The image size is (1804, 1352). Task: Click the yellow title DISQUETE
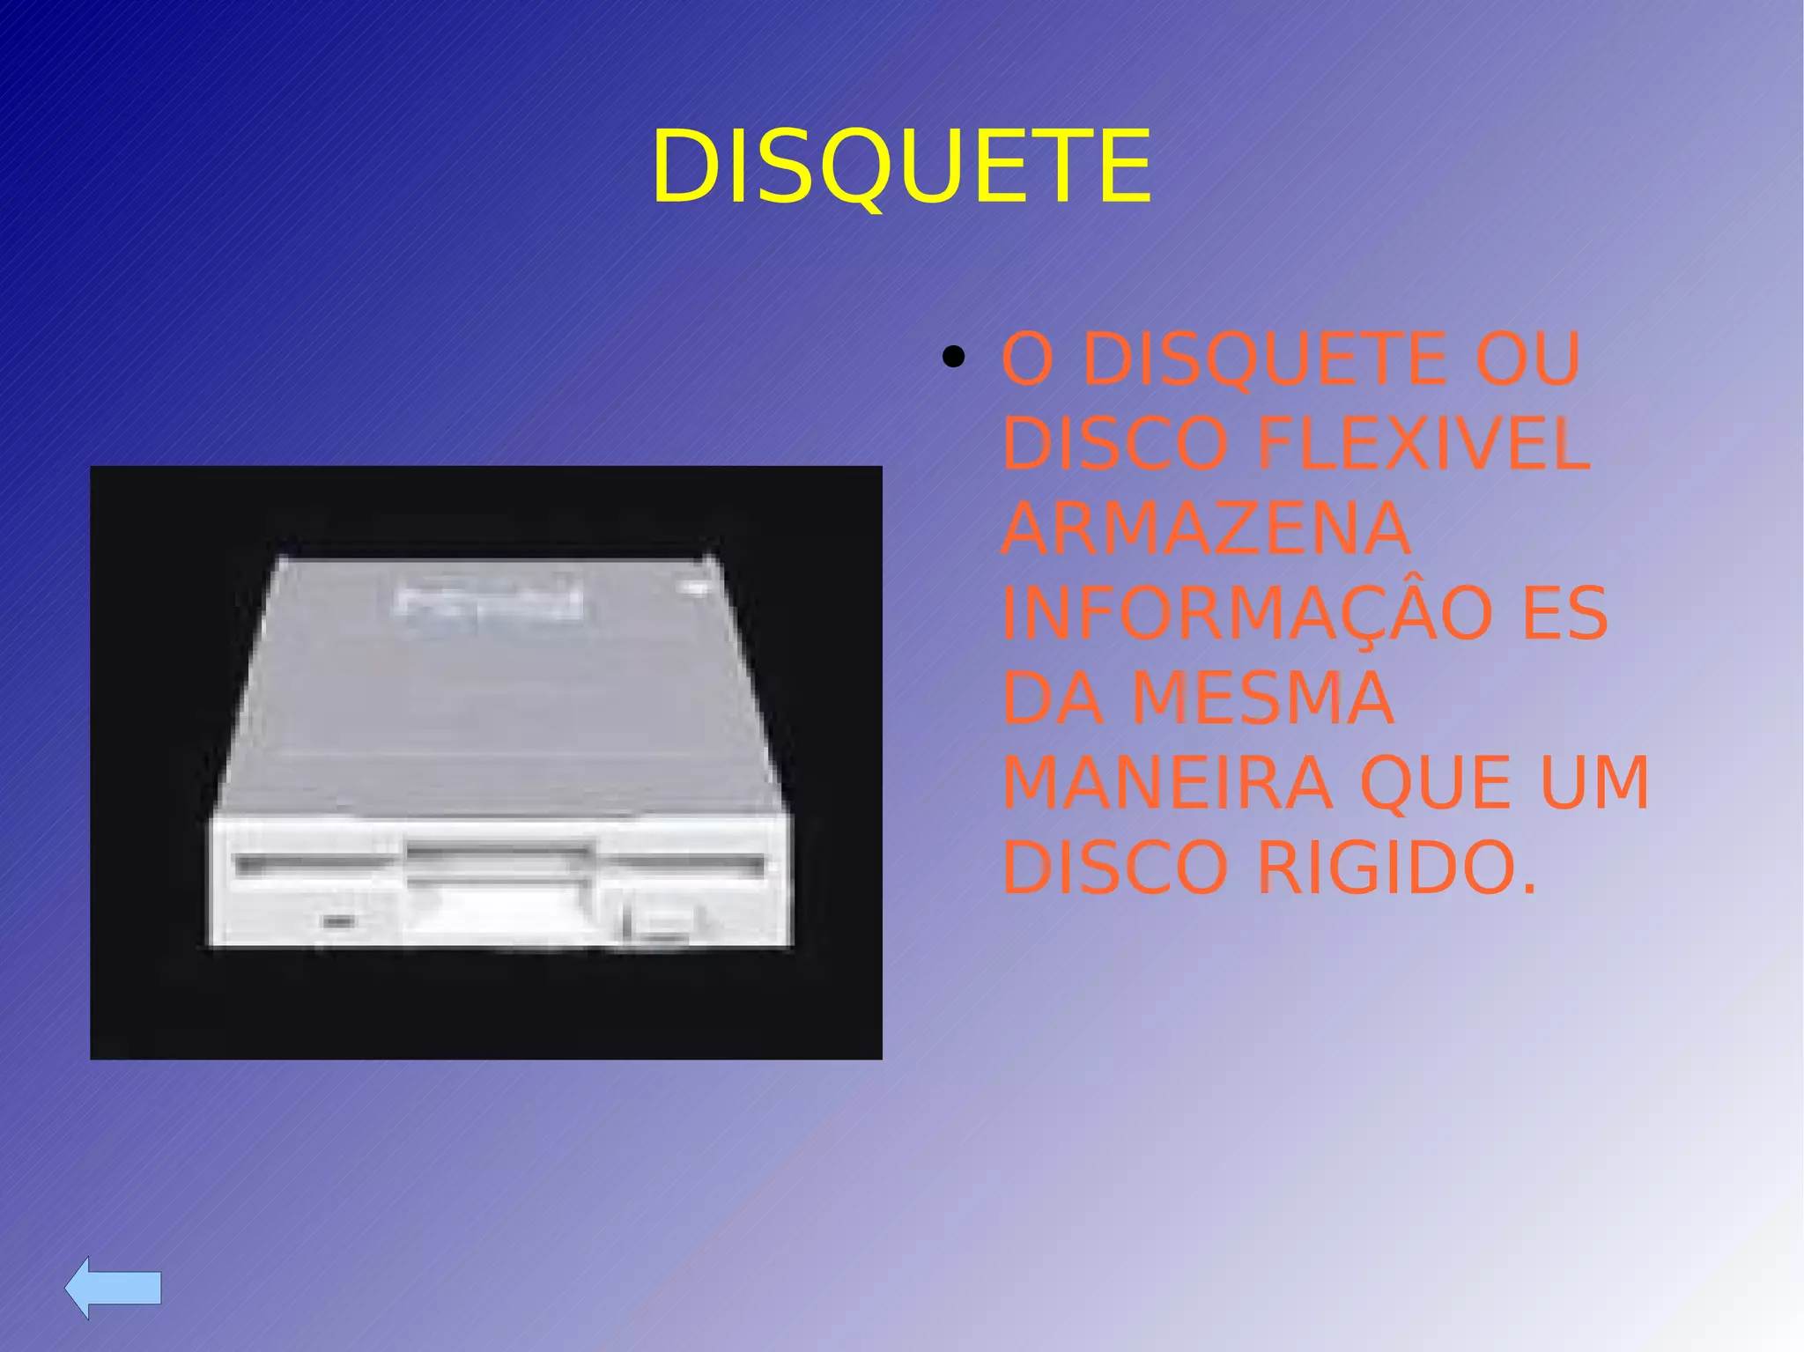pos(901,166)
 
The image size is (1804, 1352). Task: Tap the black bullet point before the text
pos(952,358)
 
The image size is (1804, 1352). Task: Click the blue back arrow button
pos(114,1288)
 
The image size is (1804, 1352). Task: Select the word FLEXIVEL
pos(1423,443)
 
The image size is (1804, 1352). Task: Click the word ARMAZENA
pos(1206,528)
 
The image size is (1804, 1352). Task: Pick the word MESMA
pos(1262,698)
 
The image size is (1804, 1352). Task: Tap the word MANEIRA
pos(1167,783)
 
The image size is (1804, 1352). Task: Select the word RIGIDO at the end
pos(1396,868)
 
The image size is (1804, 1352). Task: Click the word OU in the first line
pos(1528,358)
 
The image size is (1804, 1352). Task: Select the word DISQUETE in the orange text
pos(1264,358)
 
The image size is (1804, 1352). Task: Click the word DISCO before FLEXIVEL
pos(1114,443)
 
